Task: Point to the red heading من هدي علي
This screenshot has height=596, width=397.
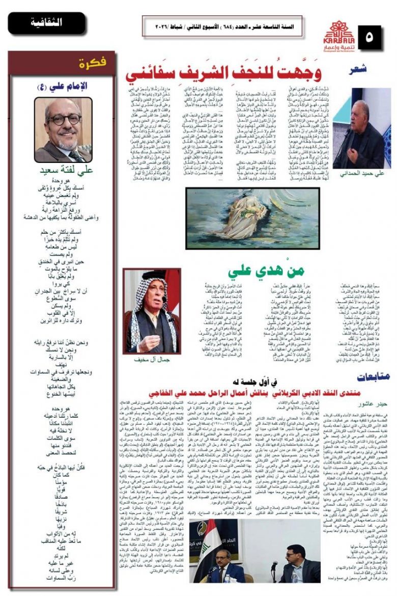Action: click(x=254, y=270)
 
